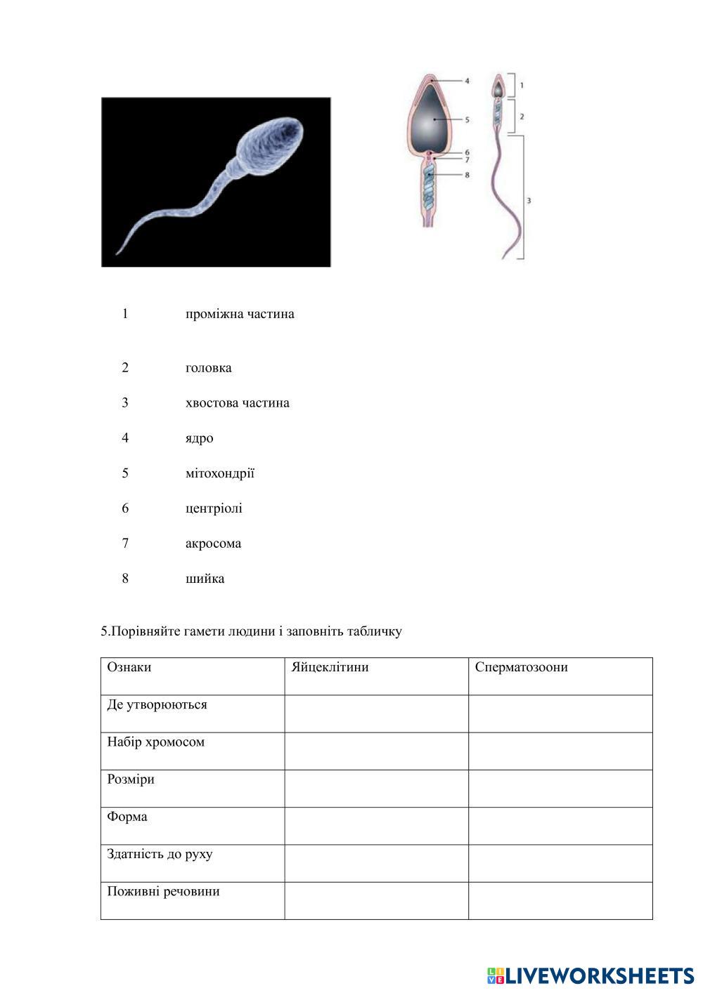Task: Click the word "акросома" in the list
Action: [213, 544]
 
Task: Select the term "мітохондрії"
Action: [219, 473]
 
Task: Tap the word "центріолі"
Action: [214, 508]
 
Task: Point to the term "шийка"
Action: [205, 579]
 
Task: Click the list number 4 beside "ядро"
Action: [125, 438]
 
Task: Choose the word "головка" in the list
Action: [208, 368]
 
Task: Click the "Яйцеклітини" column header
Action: [330, 667]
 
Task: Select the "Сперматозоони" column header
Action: [521, 667]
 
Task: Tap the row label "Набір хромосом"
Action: [155, 742]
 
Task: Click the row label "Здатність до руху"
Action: [160, 855]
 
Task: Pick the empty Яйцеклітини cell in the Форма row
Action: [376, 826]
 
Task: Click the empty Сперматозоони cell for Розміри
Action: [560, 788]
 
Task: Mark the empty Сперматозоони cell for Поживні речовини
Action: [560, 900]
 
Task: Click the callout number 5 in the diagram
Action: [467, 120]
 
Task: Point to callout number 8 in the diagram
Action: [467, 175]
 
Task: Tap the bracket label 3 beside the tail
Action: [529, 201]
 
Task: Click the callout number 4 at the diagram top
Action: [467, 81]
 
